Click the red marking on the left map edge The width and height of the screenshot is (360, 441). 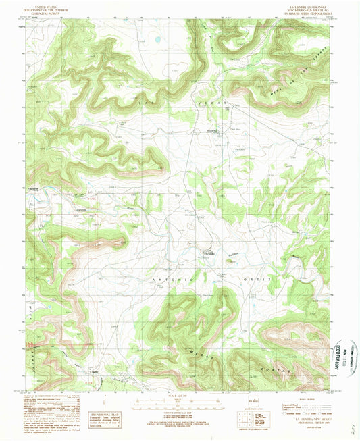pyautogui.click(x=28, y=346)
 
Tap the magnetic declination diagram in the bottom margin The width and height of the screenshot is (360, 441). pyautogui.click(x=240, y=405)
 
